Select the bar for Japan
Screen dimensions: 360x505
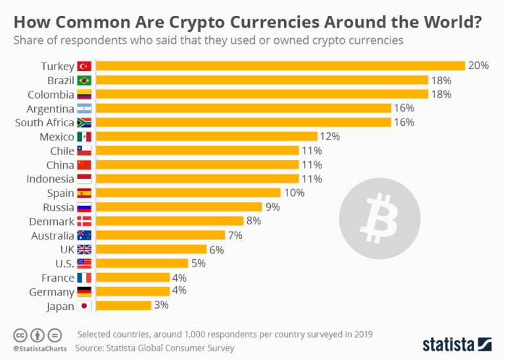pos(124,305)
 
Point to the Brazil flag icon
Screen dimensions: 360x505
pos(84,80)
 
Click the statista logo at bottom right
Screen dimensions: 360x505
pos(456,344)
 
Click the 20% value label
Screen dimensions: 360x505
pos(479,66)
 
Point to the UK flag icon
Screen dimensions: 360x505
pos(84,249)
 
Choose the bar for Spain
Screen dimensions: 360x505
pos(188,193)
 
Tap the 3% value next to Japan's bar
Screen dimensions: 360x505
pos(161,305)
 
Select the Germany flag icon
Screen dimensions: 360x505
pos(84,292)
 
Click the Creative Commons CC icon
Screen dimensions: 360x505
pos(20,334)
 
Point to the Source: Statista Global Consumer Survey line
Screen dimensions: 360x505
pos(154,347)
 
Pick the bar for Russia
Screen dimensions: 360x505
pos(179,207)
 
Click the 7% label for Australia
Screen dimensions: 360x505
pos(235,235)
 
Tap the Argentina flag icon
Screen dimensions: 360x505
pos(84,109)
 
